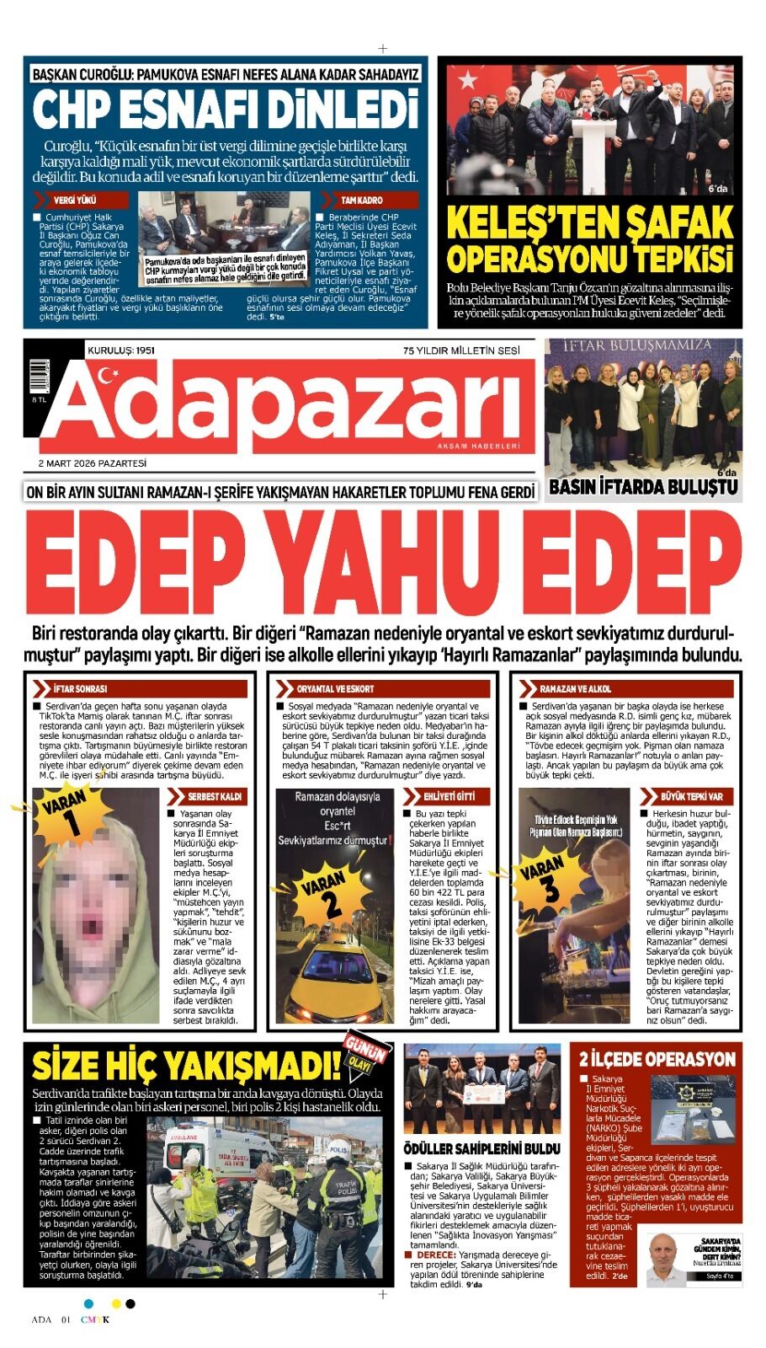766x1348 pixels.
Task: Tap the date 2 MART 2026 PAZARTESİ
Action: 93,463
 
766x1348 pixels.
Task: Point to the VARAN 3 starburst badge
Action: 544,876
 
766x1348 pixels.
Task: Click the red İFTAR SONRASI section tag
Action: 82,688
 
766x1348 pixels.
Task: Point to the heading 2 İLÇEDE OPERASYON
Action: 657,1059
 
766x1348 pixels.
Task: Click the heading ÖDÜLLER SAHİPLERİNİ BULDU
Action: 481,1148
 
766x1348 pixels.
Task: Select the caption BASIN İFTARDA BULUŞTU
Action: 643,487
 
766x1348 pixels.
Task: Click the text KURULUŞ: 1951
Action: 121,350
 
